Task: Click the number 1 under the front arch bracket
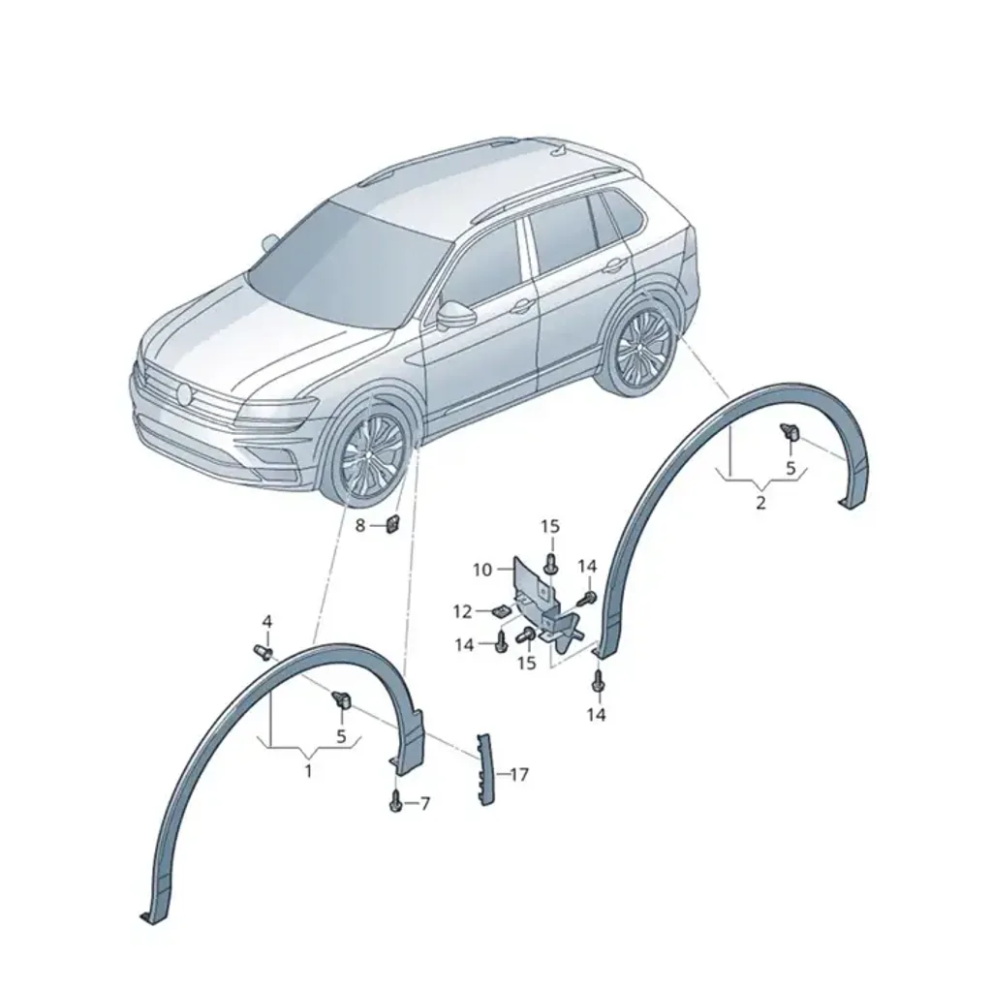[x=308, y=772]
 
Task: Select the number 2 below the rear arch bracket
[x=761, y=503]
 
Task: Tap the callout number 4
[x=267, y=621]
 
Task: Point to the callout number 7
[x=425, y=803]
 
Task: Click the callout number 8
[x=360, y=525]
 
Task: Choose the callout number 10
[x=482, y=570]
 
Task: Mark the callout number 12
[x=462, y=612]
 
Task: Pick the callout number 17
[x=519, y=774]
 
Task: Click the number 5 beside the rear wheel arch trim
[x=790, y=469]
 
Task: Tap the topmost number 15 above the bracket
[x=550, y=526]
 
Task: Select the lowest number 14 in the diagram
[x=597, y=715]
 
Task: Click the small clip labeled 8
[x=392, y=524]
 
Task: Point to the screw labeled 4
[x=263, y=651]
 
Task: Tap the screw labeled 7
[x=396, y=801]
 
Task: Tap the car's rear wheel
[x=639, y=349]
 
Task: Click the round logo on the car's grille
[x=185, y=394]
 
